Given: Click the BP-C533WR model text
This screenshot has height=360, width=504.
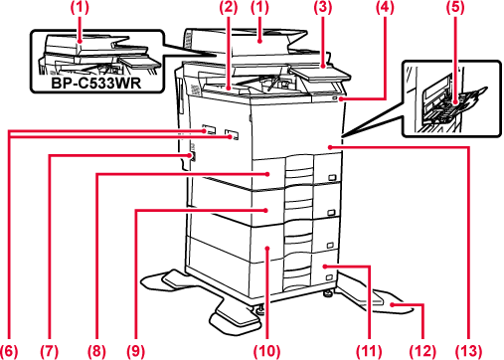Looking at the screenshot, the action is click(96, 83).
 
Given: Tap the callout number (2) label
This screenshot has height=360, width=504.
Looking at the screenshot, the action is click(229, 7).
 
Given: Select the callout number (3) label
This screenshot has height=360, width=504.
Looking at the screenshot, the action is click(323, 7).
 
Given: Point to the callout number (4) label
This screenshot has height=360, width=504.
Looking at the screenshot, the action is click(385, 7).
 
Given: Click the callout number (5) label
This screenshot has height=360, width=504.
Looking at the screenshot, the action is click(455, 7).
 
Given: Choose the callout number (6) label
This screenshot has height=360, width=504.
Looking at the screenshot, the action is click(9, 351).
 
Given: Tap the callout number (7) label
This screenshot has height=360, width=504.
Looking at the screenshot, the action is click(50, 351).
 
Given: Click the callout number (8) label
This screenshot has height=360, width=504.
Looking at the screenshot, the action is click(96, 351).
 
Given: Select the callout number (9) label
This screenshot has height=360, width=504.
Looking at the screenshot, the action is click(136, 351).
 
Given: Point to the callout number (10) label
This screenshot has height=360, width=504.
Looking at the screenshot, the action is click(267, 351).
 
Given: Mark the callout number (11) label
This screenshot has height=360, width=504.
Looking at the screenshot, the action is click(369, 351).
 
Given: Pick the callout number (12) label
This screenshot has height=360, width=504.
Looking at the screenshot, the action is click(422, 351).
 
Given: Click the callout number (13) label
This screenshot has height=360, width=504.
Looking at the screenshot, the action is click(468, 351).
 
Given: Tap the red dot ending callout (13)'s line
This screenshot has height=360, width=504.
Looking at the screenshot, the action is click(330, 146).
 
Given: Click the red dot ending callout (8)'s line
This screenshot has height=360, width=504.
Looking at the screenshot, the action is click(268, 174).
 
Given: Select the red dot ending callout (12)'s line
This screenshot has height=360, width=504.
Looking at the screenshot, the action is click(392, 304).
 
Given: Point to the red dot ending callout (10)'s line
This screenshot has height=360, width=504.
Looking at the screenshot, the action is click(267, 247).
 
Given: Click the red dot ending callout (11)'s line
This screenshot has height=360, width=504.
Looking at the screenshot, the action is click(325, 266).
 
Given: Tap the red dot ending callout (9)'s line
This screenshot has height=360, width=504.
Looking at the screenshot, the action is click(265, 210).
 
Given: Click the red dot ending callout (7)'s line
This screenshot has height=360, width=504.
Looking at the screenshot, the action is click(190, 155).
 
